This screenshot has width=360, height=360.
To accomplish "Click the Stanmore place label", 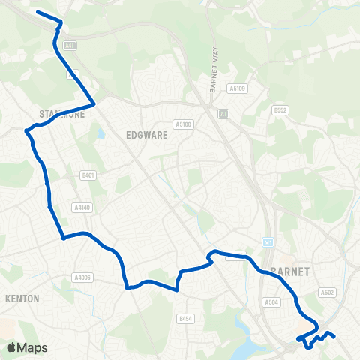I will coord(52,114).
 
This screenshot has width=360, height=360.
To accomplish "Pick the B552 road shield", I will coord(280,110).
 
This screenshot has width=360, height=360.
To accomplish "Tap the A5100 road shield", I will coord(183,124).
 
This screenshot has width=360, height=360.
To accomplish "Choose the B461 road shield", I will coord(88,175).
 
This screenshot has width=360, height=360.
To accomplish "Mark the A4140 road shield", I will coord(82,207).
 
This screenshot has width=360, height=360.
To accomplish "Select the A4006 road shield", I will coord(82,277).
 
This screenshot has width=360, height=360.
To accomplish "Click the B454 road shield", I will coord(185,319).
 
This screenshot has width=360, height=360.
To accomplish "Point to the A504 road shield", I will coord(271,301).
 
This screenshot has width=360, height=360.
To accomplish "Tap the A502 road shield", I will coord(327,292).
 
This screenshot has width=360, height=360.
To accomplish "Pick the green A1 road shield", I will coord(223,113).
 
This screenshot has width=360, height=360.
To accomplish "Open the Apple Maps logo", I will coord(27,347).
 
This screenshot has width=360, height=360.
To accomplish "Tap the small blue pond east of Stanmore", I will coord(100,136).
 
